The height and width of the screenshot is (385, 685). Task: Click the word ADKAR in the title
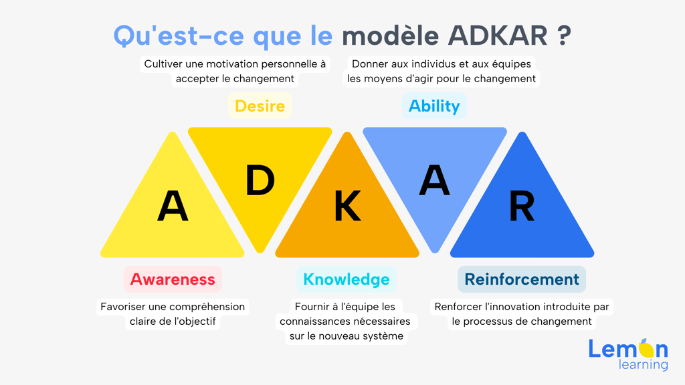click(498, 36)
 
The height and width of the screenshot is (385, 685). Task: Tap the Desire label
click(260, 106)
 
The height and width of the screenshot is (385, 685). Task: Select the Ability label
click(434, 106)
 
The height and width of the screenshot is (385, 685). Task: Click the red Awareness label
click(173, 279)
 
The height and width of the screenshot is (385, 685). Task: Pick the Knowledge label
click(347, 279)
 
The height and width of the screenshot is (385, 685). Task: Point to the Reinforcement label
click(522, 279)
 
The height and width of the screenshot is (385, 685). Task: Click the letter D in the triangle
click(260, 180)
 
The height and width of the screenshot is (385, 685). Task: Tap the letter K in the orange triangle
click(347, 206)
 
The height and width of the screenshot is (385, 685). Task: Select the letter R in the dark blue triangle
click(522, 206)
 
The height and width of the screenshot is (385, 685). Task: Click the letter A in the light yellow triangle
click(173, 206)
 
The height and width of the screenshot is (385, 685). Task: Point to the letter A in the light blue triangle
click(434, 180)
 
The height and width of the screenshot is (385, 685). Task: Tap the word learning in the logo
click(643, 364)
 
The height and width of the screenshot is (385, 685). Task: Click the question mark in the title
click(564, 36)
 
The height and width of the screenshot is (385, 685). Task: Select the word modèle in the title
click(390, 36)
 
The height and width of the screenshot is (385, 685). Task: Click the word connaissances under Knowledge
click(311, 322)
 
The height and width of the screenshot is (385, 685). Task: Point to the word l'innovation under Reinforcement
click(502, 307)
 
